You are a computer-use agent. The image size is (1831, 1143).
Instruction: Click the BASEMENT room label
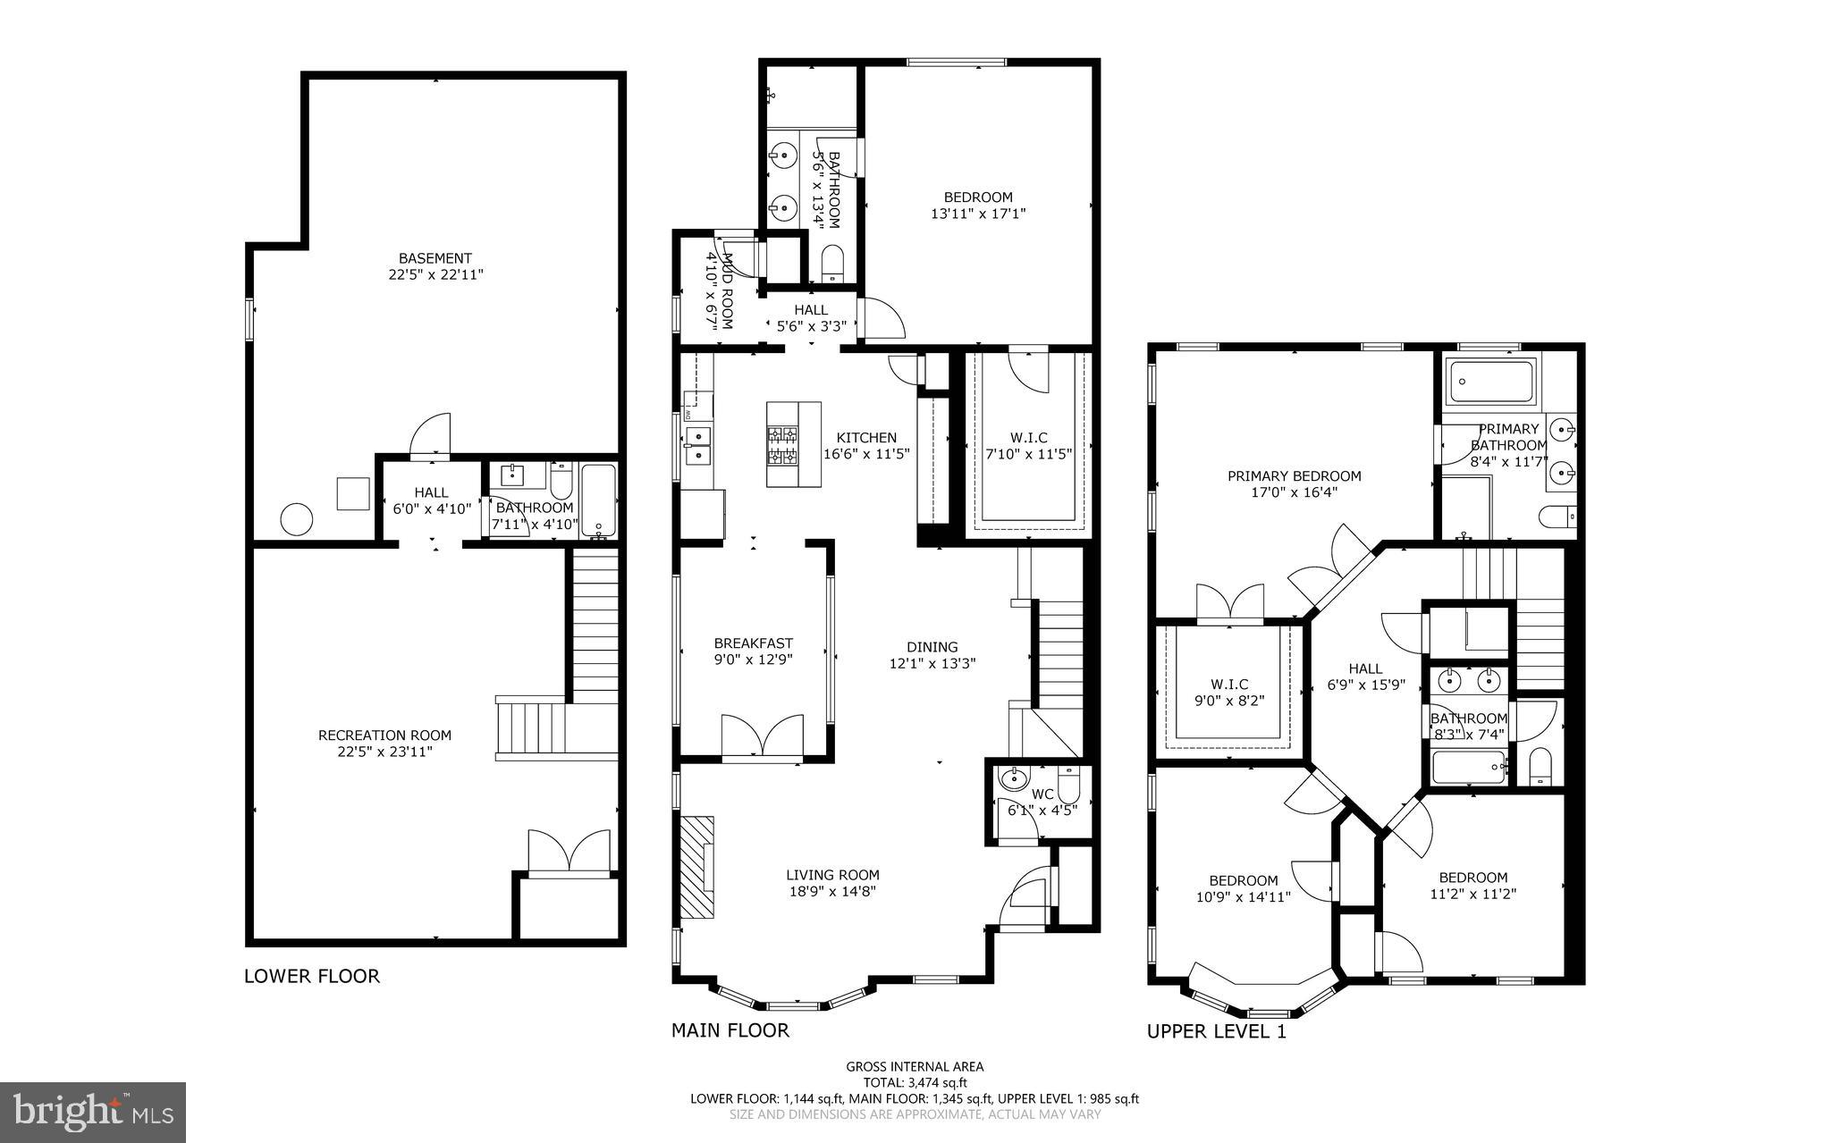coord(435,258)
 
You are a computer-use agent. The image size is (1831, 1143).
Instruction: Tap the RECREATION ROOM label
coord(384,735)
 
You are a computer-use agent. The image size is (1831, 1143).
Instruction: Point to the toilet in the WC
coord(1068,786)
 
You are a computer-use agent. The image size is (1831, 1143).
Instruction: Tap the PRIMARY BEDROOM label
coord(1294,476)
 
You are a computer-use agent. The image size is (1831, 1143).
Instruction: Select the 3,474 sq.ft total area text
coord(915,1082)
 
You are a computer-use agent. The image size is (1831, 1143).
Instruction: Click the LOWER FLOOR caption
coord(312,976)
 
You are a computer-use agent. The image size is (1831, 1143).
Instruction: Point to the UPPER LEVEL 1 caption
coord(1216,1031)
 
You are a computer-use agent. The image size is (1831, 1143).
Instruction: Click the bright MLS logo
coord(93,1112)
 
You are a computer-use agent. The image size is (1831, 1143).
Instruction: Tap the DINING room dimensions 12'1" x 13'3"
coord(932,663)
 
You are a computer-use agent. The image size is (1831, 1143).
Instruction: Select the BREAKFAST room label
coord(753,643)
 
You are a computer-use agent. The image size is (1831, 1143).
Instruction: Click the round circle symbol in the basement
coord(297,518)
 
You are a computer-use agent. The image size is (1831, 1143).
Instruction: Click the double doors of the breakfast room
coord(762,736)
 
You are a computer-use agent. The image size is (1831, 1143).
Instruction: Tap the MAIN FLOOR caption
coord(730,1030)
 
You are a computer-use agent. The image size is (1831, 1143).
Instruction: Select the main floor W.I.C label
coord(1028,437)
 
